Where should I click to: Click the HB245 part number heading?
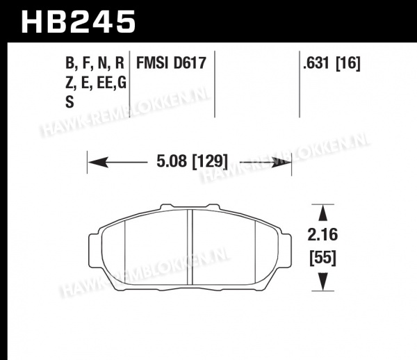click(x=79, y=22)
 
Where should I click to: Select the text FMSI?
click(x=152, y=63)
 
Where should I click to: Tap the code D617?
click(x=190, y=63)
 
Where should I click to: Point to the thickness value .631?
click(x=316, y=63)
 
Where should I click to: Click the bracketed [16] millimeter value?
click(x=348, y=64)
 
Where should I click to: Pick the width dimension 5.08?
click(x=172, y=161)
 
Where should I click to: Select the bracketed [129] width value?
click(x=210, y=161)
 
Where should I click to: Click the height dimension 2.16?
click(x=322, y=235)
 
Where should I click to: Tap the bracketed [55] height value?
click(x=323, y=258)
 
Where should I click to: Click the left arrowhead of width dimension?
click(x=98, y=162)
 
